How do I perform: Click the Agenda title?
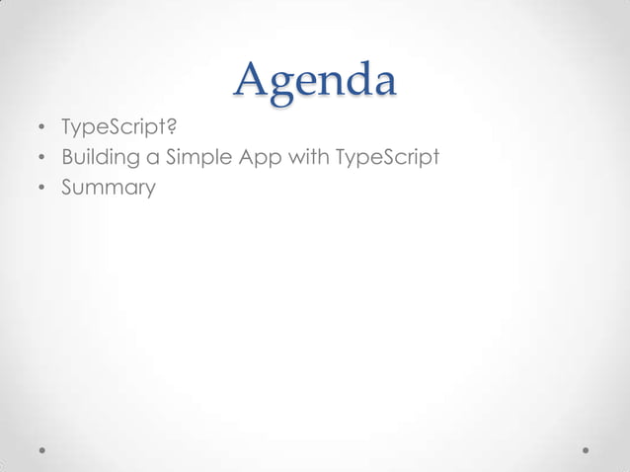click(315, 81)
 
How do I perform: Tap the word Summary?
click(109, 188)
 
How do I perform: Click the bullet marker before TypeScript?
click(41, 129)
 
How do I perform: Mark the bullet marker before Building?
click(41, 159)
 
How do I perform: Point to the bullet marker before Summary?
click(41, 188)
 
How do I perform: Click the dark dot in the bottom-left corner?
click(42, 449)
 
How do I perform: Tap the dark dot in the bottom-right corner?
click(586, 449)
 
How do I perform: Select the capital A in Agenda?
click(252, 80)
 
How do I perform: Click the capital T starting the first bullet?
click(68, 127)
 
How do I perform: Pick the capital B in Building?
click(68, 157)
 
